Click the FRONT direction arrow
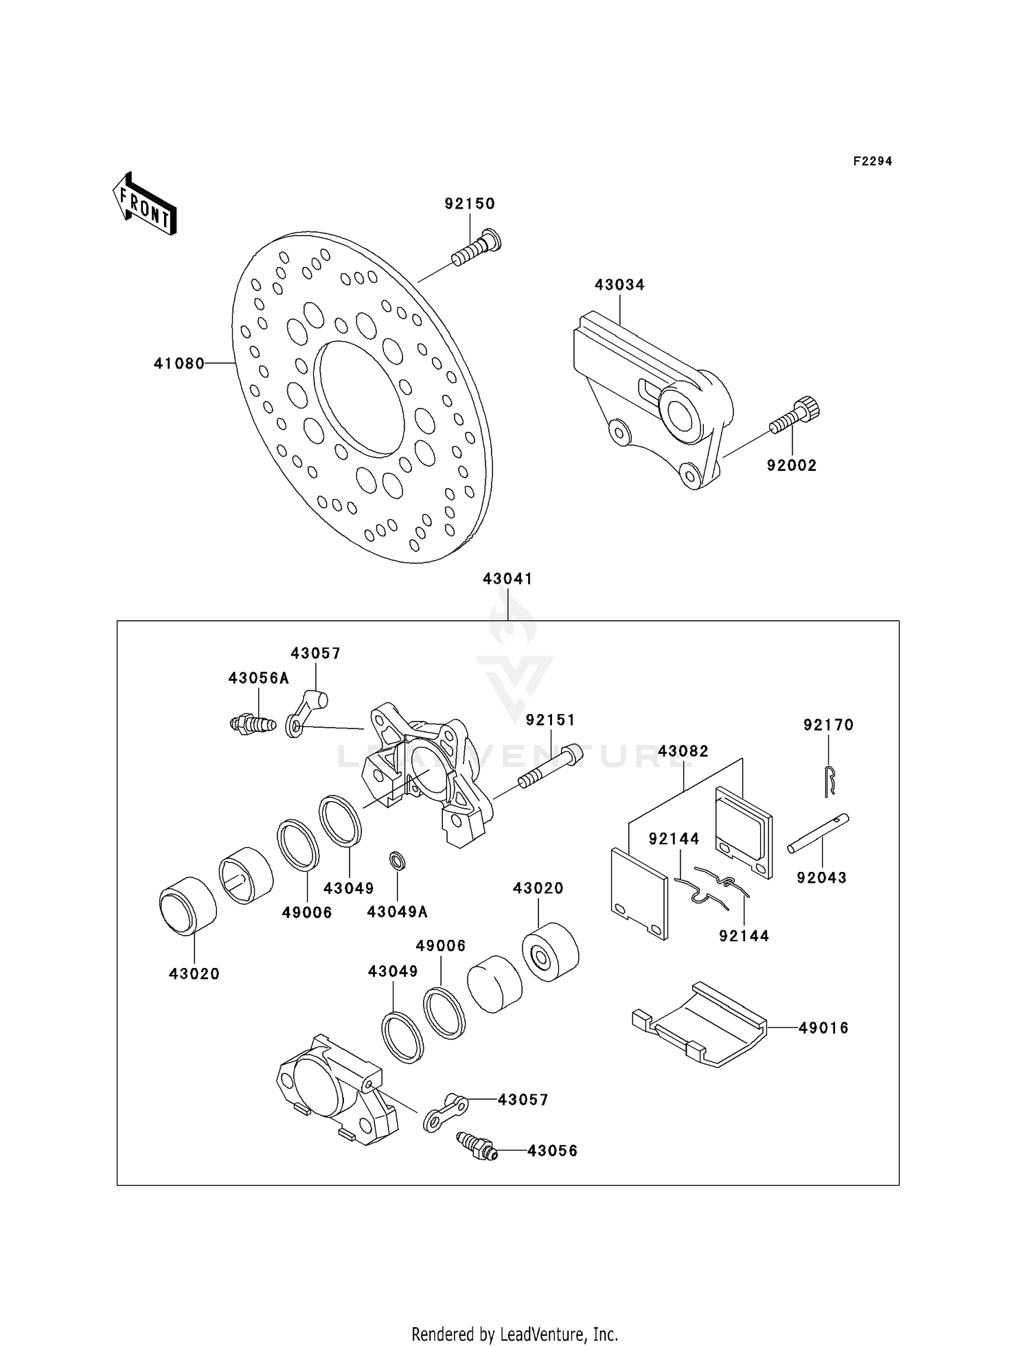point(145,204)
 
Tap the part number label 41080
point(179,364)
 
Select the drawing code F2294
point(872,161)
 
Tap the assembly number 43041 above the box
point(507,579)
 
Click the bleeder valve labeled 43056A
point(252,723)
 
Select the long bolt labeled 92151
point(549,767)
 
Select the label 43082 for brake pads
point(683,751)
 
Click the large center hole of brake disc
point(359,398)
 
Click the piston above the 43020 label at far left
point(187,906)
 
